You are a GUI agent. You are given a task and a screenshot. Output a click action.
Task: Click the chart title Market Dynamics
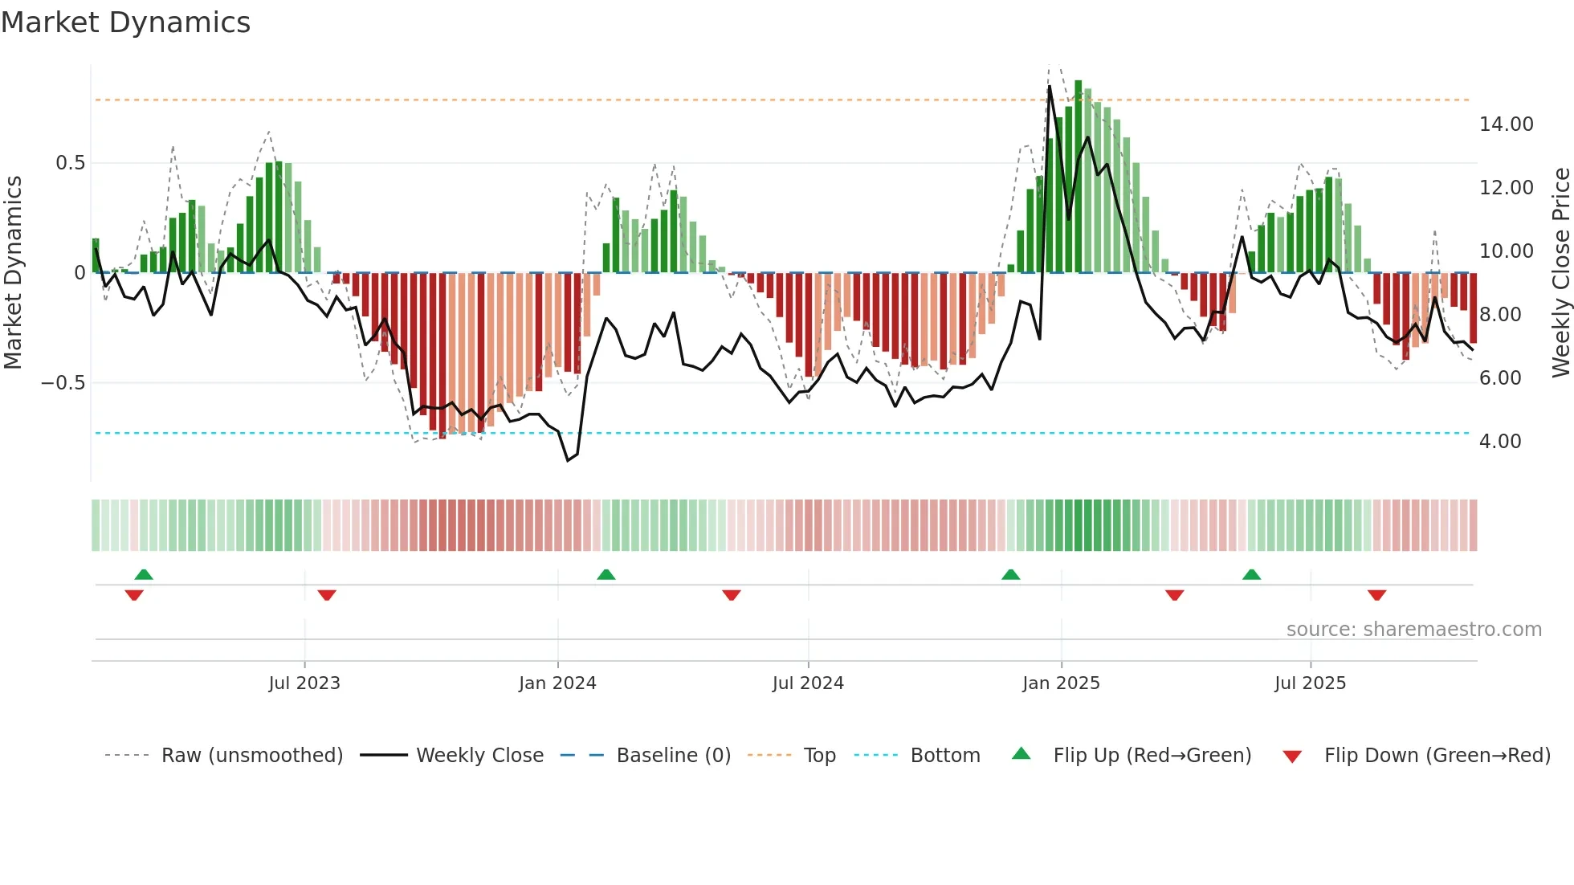125,22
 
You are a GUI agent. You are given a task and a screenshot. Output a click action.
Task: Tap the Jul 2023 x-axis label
304,683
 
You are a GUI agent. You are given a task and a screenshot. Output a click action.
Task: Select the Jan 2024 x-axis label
557,683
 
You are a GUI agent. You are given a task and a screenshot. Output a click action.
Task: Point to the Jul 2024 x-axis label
808,683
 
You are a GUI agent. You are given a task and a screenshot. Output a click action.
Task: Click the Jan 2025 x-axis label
1061,683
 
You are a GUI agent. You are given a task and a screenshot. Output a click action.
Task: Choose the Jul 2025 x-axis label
1310,683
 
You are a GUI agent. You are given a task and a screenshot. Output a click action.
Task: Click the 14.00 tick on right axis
1506,124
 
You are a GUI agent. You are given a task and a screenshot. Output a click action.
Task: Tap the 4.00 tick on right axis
1500,442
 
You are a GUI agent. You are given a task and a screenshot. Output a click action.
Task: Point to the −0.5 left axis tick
63,383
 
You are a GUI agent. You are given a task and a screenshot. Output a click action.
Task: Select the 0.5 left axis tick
70,163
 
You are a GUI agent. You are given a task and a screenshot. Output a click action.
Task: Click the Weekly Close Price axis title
1560,272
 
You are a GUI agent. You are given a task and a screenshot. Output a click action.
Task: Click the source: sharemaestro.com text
1413,630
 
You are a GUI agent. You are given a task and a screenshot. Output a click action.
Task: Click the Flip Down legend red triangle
1292,757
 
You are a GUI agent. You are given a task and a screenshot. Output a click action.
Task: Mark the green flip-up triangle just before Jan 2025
1010,575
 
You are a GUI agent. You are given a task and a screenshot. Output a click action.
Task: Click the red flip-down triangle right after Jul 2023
327,595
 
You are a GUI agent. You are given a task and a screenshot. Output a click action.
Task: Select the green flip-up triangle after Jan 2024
606,575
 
